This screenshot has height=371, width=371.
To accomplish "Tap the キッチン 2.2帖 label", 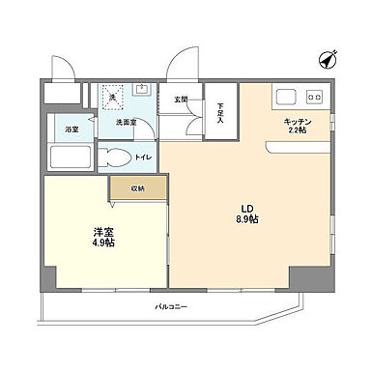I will [296, 126].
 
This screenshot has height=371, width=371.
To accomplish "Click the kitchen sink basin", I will [287, 97].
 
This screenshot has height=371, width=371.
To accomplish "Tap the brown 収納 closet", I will [139, 188].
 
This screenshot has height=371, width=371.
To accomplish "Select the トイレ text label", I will [143, 157].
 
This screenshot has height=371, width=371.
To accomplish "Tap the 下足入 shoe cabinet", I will [220, 111].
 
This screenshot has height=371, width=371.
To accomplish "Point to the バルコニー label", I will [172, 306].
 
